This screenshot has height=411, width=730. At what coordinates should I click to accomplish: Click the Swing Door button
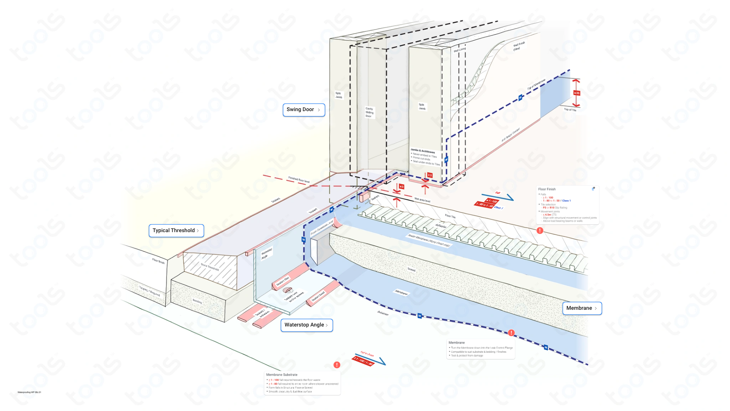click(303, 110)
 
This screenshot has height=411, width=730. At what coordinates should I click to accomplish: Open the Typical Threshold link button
click(176, 231)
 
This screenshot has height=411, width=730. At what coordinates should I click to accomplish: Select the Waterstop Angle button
click(306, 325)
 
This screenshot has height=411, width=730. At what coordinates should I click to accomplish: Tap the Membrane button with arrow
click(582, 308)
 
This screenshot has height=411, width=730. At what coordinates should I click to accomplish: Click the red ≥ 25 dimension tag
click(577, 93)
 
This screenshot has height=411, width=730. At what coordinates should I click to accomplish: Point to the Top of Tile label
click(570, 110)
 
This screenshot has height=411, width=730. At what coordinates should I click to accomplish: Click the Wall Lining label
click(459, 50)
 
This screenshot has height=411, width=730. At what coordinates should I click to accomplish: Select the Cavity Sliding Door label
click(369, 112)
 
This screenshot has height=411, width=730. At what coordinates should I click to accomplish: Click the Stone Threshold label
click(209, 267)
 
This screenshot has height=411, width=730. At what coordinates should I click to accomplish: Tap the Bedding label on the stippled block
click(197, 301)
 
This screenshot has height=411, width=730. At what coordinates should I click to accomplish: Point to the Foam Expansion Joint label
click(322, 228)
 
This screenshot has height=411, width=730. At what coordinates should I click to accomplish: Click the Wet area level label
click(422, 200)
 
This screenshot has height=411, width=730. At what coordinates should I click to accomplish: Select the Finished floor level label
click(299, 179)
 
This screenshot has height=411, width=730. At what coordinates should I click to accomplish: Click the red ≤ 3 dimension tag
click(401, 187)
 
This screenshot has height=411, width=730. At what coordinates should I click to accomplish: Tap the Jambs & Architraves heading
click(422, 151)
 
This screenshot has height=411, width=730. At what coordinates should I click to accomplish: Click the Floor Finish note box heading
click(547, 189)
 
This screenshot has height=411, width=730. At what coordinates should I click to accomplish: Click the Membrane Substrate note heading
click(282, 375)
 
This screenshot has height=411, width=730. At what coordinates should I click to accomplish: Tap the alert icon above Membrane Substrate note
click(337, 365)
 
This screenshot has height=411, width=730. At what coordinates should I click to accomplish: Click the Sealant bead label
click(318, 296)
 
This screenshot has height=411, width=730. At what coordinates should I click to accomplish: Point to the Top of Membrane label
click(536, 84)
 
